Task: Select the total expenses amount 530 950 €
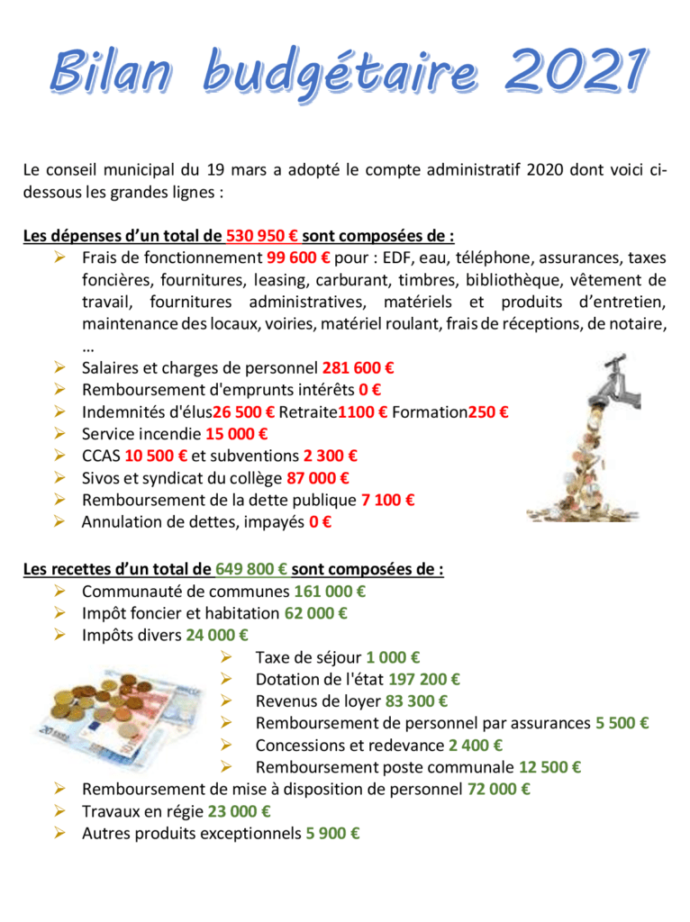click(262, 237)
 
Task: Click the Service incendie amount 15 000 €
click(237, 434)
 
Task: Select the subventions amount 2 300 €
click(330, 456)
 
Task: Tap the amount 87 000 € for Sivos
click(318, 478)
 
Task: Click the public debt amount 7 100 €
click(388, 500)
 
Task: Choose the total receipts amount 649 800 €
click(252, 570)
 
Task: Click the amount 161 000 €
click(330, 592)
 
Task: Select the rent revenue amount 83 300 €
click(417, 701)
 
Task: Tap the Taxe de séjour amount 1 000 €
click(394, 658)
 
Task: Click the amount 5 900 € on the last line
click(333, 834)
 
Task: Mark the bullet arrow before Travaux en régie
click(60, 811)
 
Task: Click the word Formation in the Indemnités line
click(429, 412)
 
